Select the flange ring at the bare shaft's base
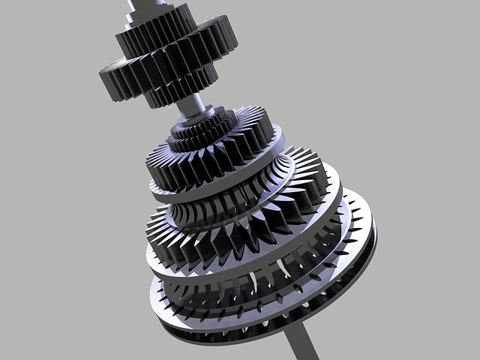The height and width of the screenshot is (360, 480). (196, 118)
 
